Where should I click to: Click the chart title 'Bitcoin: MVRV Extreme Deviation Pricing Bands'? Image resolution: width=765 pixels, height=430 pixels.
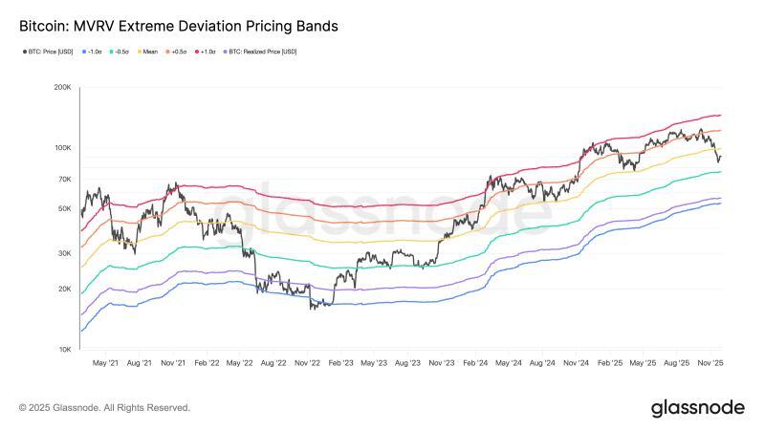(178, 27)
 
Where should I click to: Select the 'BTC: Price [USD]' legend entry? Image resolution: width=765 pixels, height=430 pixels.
(50, 51)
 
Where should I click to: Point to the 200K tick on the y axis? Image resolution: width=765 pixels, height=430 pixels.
(62, 87)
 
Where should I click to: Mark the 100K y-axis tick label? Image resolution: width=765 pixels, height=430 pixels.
(62, 148)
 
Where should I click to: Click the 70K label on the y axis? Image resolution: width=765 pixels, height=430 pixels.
(64, 180)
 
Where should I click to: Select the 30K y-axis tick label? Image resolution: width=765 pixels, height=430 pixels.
(64, 253)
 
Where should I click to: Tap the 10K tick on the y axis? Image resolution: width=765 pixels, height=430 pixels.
(64, 350)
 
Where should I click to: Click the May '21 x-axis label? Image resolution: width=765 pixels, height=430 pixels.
(105, 364)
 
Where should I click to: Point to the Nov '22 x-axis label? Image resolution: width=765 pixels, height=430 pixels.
(307, 364)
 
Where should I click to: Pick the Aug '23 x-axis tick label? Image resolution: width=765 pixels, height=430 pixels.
(408, 364)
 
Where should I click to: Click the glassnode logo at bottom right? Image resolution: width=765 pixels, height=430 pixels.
(697, 408)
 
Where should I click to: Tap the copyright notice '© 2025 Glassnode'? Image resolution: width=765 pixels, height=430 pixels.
(104, 408)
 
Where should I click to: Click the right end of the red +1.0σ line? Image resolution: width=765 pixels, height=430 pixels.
(720, 116)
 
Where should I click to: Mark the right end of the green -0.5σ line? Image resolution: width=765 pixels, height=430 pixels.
(720, 172)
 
